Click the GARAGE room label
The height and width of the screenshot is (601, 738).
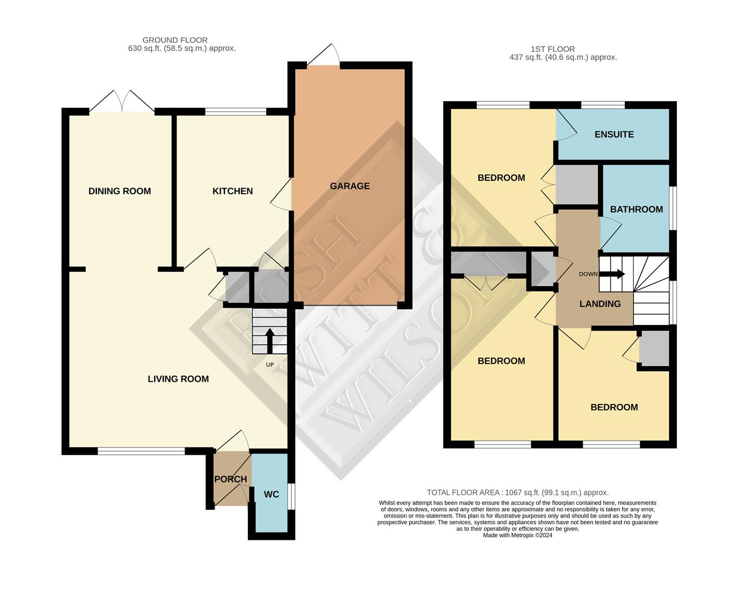tap(349, 186)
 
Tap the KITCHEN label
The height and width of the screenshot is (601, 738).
tap(232, 191)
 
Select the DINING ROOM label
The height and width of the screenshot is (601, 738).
tap(119, 191)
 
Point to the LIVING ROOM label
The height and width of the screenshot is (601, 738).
tap(178, 378)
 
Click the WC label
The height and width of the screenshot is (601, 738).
tap(271, 494)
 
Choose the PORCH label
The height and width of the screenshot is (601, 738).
tap(231, 479)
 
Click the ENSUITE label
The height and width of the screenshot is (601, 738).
tap(614, 134)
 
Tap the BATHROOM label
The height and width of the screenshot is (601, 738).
tap(636, 209)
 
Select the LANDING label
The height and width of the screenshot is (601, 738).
tap(600, 303)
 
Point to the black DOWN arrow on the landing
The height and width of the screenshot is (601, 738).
tap(615, 274)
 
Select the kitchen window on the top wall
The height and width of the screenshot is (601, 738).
tap(235, 112)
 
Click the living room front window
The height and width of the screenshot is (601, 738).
tap(141, 451)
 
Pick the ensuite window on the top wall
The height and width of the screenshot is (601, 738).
tap(603, 105)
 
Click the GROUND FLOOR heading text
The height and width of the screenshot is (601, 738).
tap(175, 40)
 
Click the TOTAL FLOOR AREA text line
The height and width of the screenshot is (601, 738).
tap(517, 492)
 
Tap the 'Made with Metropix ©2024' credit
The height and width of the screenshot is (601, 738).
tap(517, 535)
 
